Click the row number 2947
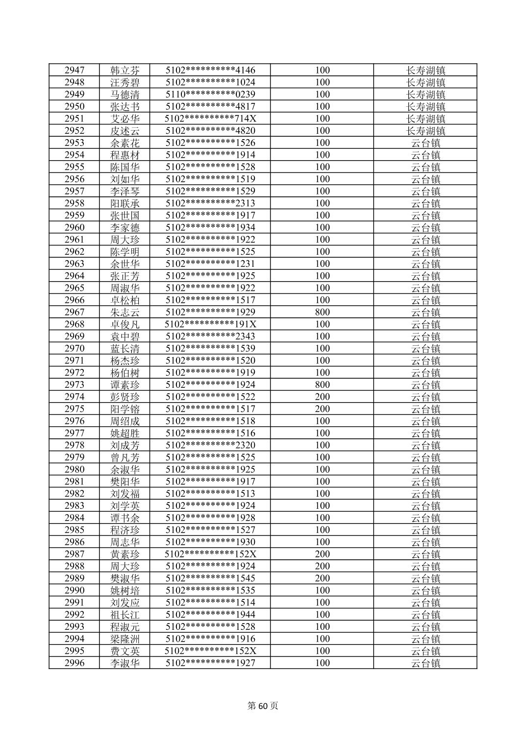(74, 70)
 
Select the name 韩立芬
(125, 70)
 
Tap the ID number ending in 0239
(210, 95)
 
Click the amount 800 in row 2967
(322, 312)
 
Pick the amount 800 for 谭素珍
(322, 384)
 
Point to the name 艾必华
(125, 119)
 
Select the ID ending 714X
(210, 119)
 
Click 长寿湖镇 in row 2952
(425, 131)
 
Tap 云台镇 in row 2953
(425, 143)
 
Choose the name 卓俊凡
(125, 324)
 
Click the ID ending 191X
(210, 324)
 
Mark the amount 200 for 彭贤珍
(322, 397)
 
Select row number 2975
(74, 409)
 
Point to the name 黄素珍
(125, 554)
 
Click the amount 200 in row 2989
(322, 578)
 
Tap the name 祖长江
(125, 615)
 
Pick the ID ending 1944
(210, 615)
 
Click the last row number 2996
(74, 663)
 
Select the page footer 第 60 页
(263, 706)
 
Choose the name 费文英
(125, 651)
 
